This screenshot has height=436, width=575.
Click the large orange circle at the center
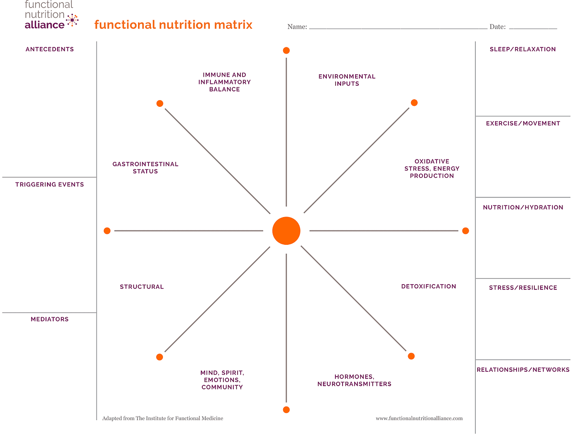click(x=286, y=231)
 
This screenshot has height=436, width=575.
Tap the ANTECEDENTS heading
click(x=49, y=49)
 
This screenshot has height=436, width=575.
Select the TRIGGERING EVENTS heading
click(x=49, y=184)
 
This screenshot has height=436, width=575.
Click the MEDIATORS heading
click(x=49, y=319)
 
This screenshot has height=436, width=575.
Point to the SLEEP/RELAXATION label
click(x=523, y=49)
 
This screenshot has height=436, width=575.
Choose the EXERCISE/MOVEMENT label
click(x=523, y=123)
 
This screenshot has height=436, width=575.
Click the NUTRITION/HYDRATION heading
click(x=523, y=207)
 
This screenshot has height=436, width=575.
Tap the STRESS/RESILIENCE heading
click(x=523, y=287)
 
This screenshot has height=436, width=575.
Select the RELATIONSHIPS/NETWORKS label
click(x=523, y=369)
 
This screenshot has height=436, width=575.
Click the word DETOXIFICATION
click(x=428, y=286)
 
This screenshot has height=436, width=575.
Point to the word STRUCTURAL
click(x=142, y=287)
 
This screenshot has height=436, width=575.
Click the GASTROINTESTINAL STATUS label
click(x=145, y=168)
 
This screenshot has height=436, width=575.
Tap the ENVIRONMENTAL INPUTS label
click(x=347, y=80)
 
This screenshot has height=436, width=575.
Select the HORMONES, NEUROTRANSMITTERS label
click(x=354, y=380)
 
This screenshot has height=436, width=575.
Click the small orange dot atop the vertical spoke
click(x=286, y=50)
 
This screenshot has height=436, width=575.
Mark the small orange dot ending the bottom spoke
click(x=286, y=410)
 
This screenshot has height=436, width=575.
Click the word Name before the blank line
click(x=297, y=27)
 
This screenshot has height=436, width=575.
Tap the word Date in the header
click(x=497, y=27)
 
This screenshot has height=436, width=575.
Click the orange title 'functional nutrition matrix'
click(x=173, y=24)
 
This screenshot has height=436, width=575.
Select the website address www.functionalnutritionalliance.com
click(x=419, y=418)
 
